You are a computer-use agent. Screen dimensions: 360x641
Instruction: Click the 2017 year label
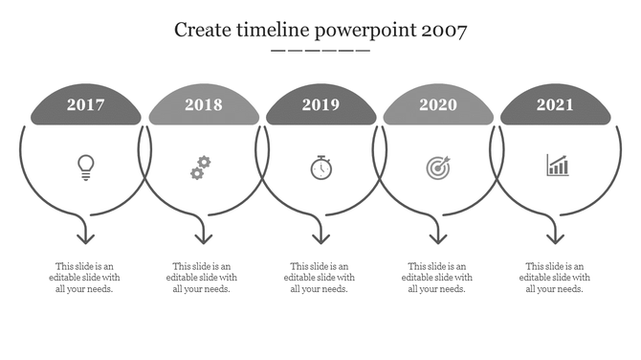pos(86,105)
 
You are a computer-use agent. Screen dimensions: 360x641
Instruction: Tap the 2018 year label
pos(204,105)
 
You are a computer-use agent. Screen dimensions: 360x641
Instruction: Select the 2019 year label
pos(320,105)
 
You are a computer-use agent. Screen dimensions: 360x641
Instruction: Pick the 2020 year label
pos(438,105)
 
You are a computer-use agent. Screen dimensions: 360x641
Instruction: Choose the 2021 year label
pos(556,105)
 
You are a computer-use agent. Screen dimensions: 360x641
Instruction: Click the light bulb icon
pos(86,168)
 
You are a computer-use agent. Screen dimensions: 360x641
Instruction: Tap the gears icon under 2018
pos(200,168)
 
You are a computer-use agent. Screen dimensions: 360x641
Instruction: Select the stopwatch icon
pos(321,168)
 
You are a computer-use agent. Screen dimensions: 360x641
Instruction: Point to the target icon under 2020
pos(437,168)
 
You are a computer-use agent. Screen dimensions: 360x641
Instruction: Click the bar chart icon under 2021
pos(557,167)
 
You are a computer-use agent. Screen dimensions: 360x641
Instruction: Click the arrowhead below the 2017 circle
pos(86,236)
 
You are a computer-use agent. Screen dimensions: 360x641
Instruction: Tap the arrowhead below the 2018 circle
pos(203,236)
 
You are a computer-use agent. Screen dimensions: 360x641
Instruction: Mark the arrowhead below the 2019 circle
pos(320,236)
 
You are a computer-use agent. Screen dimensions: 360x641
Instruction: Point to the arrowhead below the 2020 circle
pos(438,236)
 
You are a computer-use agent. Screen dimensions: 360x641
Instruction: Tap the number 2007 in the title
pos(442,30)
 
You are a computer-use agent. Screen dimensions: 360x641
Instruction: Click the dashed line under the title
pos(320,50)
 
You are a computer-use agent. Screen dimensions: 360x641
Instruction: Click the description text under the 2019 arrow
pos(320,278)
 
